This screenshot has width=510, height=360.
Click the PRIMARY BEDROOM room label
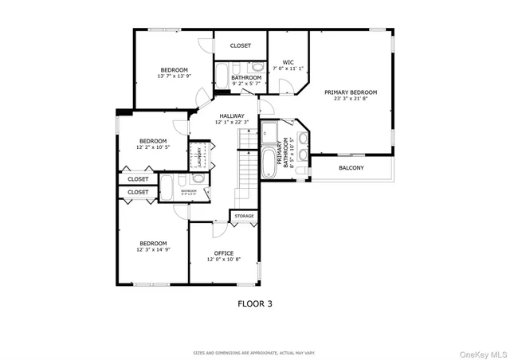[350, 92]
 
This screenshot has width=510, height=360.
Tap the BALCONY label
[351, 168]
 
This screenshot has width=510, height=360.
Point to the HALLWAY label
[233, 115]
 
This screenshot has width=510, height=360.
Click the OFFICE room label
[223, 253]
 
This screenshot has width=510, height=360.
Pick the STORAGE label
[244, 216]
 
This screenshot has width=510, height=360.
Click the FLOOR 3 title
[255, 303]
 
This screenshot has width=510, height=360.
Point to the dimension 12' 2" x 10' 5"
[153, 147]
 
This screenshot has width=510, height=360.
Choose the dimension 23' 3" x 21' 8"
[350, 100]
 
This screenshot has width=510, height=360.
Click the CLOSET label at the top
[240, 46]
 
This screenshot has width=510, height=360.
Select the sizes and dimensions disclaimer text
[254, 351]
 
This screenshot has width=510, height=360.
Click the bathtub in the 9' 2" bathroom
[222, 76]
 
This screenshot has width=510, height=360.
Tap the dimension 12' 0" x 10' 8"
[223, 260]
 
